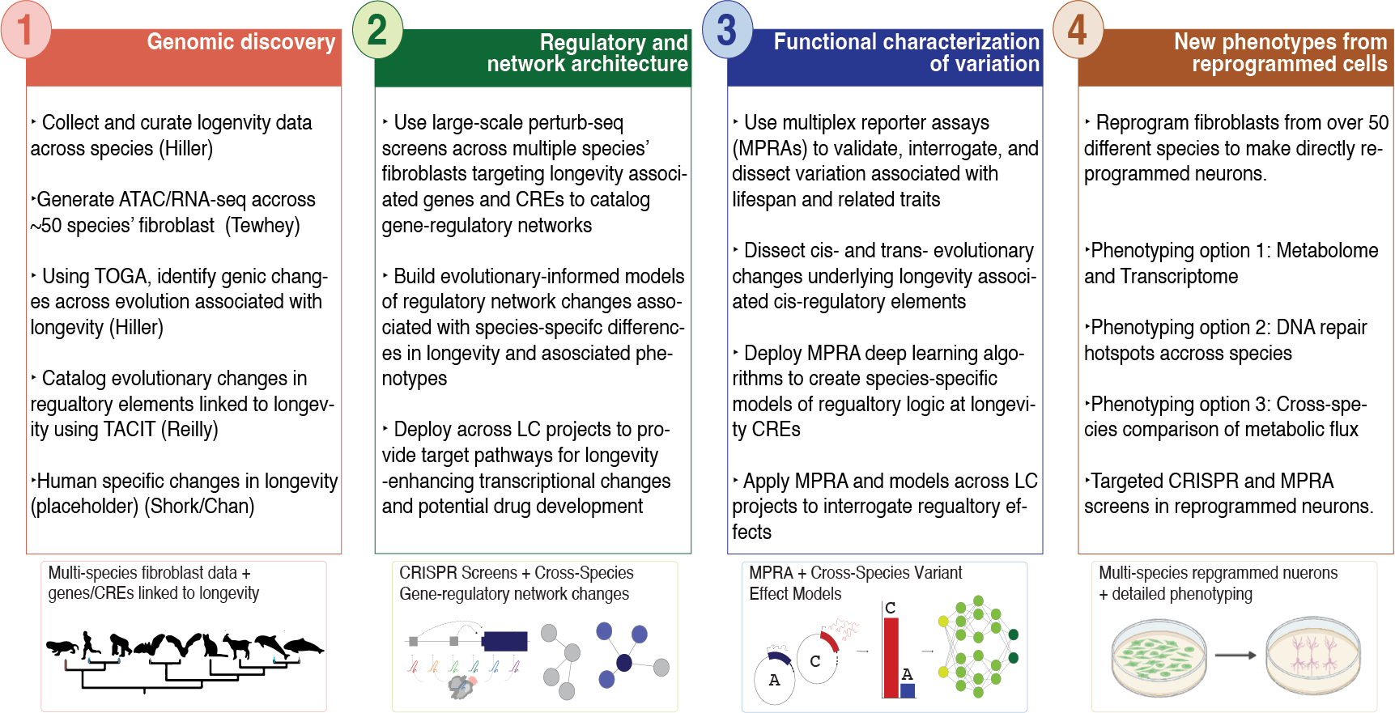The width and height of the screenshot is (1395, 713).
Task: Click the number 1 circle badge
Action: pyautogui.click(x=26, y=31)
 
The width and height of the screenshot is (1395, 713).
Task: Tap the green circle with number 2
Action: pyautogui.click(x=377, y=31)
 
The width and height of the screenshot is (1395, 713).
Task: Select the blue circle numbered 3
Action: pyautogui.click(x=727, y=31)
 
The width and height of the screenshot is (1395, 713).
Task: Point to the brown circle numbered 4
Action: pyautogui.click(x=1078, y=31)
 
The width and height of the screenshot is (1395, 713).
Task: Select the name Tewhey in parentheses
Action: pyautogui.click(x=264, y=225)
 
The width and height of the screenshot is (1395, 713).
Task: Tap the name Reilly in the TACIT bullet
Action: pyautogui.click(x=189, y=430)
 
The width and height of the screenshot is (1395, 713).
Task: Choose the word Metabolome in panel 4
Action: pyautogui.click(x=1327, y=251)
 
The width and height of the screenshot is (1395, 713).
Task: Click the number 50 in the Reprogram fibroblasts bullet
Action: pyautogui.click(x=1378, y=123)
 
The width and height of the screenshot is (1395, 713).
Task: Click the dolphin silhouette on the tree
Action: pyautogui.click(x=270, y=644)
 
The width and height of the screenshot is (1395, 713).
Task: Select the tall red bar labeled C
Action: pyautogui.click(x=891, y=656)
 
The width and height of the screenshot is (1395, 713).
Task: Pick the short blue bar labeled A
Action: pyautogui.click(x=908, y=690)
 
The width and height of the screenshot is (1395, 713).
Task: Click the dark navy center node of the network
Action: pyautogui.click(x=623, y=663)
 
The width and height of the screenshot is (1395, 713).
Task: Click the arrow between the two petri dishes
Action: pyautogui.click(x=1235, y=655)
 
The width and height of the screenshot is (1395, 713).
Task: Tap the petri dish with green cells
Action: pyautogui.click(x=1159, y=656)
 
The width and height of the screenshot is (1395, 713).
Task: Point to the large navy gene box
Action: pyautogui.click(x=504, y=641)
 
